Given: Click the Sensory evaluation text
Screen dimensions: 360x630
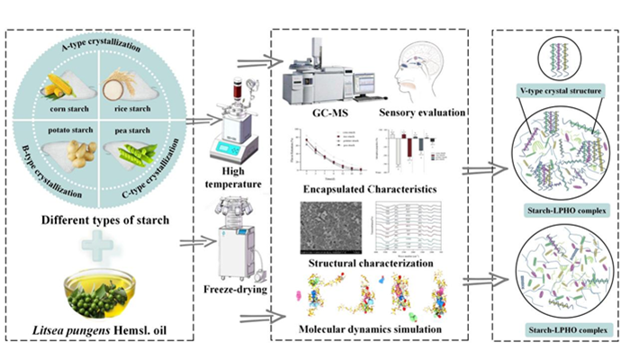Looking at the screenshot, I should click(x=420, y=113).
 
